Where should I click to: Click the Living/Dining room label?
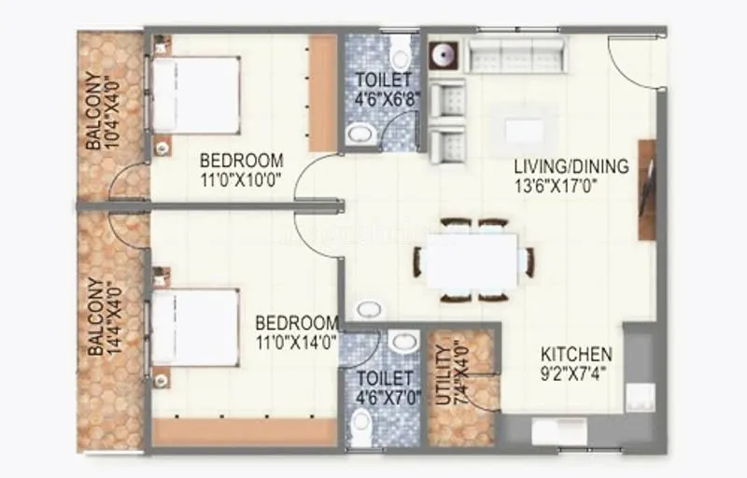pyautogui.click(x=571, y=167)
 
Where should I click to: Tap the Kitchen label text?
pyautogui.click(x=577, y=355)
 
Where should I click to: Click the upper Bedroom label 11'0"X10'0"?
pyautogui.click(x=241, y=168)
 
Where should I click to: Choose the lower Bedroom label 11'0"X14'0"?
pyautogui.click(x=297, y=331)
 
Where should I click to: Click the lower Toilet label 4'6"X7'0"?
pyautogui.click(x=384, y=387)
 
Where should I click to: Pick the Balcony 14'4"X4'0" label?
pyautogui.click(x=101, y=317)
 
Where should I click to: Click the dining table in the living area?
pyautogui.click(x=472, y=260)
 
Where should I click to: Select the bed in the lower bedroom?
pyautogui.click(x=197, y=328)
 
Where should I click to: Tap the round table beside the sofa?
pyautogui.click(x=444, y=53)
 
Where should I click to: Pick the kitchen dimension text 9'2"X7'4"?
pyautogui.click(x=577, y=373)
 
